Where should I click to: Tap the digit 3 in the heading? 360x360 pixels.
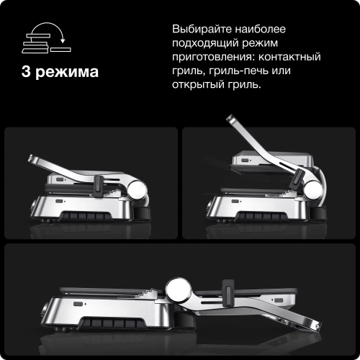(x=27, y=73)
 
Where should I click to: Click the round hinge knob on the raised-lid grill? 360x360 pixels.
(x=315, y=189)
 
